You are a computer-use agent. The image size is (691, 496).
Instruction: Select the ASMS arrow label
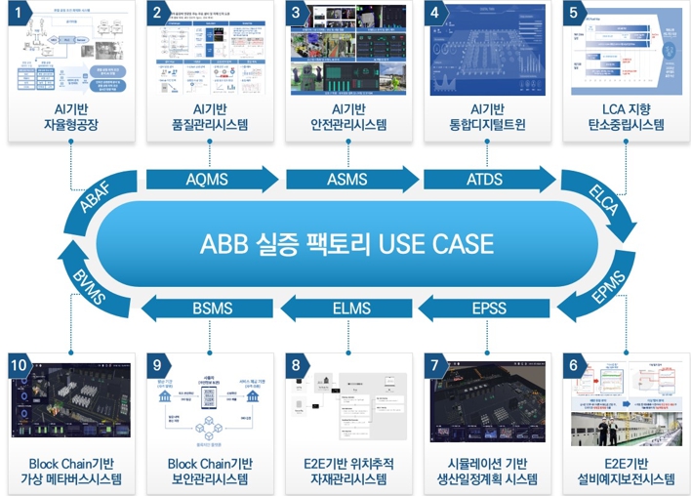click(x=346, y=181)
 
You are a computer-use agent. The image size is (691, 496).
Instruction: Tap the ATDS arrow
click(x=484, y=181)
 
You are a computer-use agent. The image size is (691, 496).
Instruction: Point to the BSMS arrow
click(x=212, y=309)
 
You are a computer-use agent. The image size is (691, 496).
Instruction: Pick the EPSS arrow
click(x=487, y=309)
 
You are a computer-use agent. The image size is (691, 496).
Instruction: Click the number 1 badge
click(x=19, y=13)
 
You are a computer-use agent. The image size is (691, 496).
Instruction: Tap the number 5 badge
click(x=575, y=13)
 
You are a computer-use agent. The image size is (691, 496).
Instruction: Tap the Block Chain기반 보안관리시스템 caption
click(x=210, y=471)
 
